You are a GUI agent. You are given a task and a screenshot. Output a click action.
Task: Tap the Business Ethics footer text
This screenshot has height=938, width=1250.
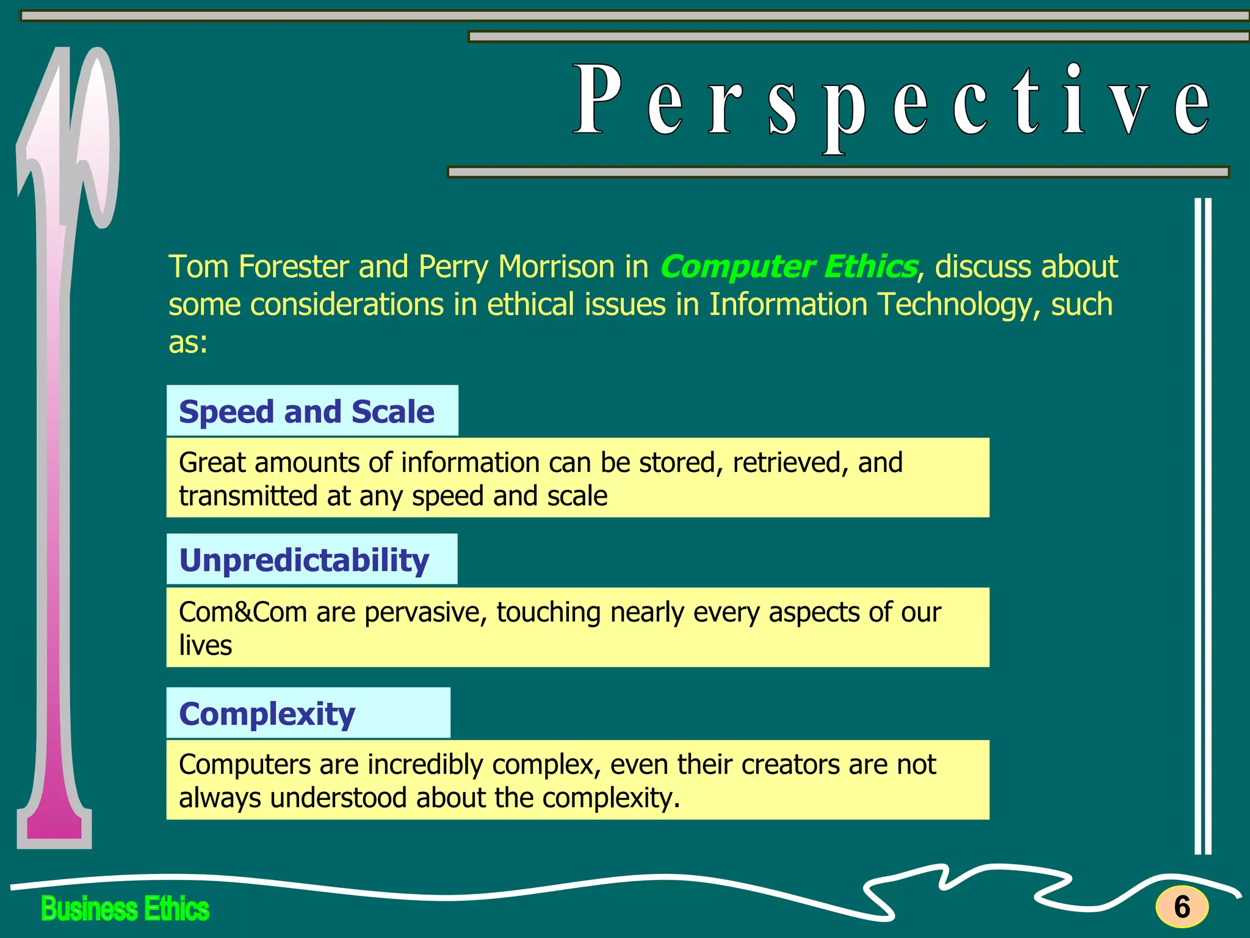125,909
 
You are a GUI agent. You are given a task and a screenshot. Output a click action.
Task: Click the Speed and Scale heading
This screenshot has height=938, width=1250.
306,412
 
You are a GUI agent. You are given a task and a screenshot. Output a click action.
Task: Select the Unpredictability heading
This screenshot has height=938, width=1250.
304,560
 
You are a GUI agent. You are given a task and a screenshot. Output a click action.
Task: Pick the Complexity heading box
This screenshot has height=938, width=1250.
308,713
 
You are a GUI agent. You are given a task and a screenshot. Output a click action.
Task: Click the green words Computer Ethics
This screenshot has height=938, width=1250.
788,267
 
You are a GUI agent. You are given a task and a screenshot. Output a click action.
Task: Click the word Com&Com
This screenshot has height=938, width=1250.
242,612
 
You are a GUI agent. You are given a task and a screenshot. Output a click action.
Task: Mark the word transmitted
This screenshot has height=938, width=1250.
248,496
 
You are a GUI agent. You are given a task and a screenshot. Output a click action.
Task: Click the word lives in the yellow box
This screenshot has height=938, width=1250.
205,645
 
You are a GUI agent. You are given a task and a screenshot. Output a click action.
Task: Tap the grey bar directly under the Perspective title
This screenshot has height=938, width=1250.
837,172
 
